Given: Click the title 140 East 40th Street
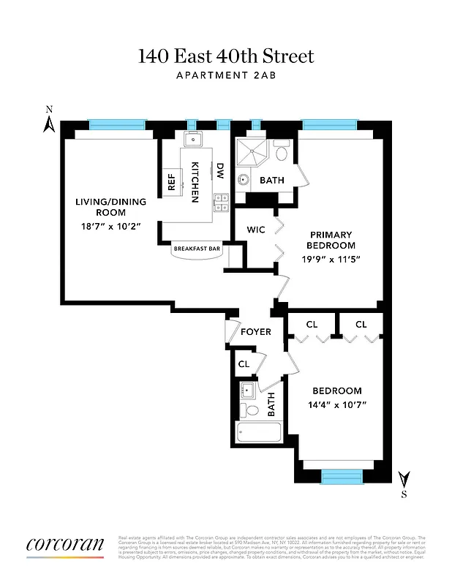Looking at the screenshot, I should coord(226,56).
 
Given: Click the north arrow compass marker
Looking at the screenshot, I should coord(50,121).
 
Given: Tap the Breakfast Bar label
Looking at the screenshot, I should coord(197,249).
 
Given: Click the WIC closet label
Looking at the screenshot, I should coord(255,230).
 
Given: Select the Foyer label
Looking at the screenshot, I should coord(256,331).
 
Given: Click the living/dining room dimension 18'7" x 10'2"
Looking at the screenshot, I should coord(111,226).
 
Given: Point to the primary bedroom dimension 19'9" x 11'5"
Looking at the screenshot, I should coord(331,259).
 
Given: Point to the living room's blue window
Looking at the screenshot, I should coord(108,124).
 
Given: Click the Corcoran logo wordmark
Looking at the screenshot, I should coord(65,545).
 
